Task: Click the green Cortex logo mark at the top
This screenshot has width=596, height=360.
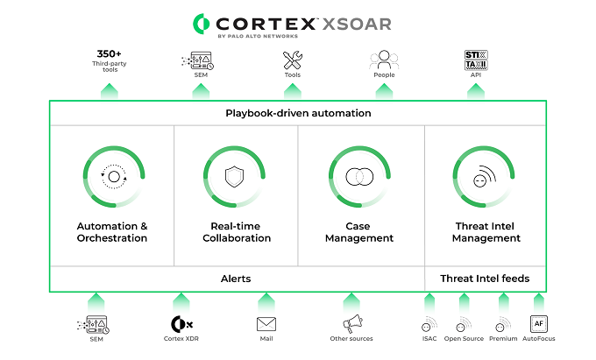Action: click(x=201, y=24)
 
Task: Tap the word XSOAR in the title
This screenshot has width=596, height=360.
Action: click(x=357, y=25)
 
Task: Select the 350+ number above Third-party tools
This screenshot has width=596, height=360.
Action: click(x=109, y=53)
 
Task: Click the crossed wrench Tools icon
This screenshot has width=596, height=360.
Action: click(x=292, y=60)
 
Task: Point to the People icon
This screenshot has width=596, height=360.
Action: click(x=384, y=60)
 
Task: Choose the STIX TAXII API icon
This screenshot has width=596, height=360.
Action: click(x=476, y=60)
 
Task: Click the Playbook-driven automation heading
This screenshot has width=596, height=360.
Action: click(x=298, y=113)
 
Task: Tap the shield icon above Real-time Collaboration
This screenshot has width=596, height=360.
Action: click(x=234, y=177)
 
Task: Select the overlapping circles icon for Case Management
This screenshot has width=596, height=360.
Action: click(x=359, y=177)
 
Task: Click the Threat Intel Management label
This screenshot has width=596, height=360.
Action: click(x=486, y=232)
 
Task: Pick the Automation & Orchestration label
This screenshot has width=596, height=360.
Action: click(x=112, y=232)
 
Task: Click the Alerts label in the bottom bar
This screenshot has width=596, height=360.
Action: click(x=236, y=279)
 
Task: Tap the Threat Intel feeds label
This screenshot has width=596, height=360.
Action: click(x=485, y=279)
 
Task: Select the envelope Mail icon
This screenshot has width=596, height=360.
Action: click(x=266, y=324)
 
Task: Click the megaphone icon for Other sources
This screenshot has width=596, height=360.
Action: click(x=352, y=323)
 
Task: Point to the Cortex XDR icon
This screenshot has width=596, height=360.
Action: click(x=181, y=324)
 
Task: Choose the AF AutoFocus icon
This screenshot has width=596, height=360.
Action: click(x=539, y=324)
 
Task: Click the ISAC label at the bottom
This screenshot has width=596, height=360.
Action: click(x=429, y=338)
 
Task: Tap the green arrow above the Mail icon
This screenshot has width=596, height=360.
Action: click(x=266, y=303)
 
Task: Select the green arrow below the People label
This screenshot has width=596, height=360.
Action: click(x=384, y=91)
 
